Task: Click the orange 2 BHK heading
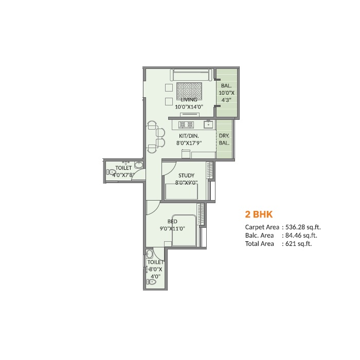pos(259,214)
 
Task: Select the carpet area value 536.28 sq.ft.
pos(303,227)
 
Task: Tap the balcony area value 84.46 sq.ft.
pos(301,236)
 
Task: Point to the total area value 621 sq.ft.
pos(298,244)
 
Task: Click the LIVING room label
pos(189,100)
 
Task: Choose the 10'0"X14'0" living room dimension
pos(189,107)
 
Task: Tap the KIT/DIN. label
pos(189,136)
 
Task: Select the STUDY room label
pos(186,175)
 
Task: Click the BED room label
pos(172,221)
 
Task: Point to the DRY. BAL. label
pos(224,139)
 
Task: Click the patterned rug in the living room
pos(189,91)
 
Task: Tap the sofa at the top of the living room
pos(191,75)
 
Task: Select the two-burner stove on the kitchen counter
pos(186,124)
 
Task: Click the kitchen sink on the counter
pos(208,124)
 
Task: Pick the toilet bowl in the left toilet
pos(111,172)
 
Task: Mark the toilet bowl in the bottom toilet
pos(151,282)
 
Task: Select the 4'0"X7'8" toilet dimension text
pos(123,175)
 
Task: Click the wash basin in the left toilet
pos(138,165)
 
